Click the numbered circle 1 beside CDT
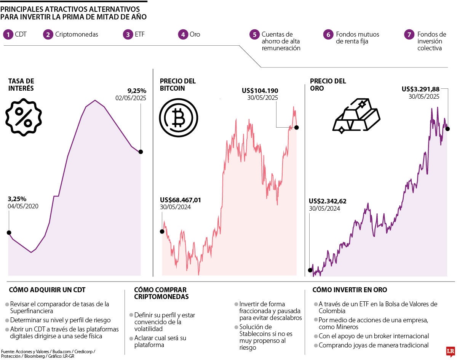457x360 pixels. coord(8,34)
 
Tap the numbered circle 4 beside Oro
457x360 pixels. coord(183,34)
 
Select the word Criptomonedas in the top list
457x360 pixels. coord(77,34)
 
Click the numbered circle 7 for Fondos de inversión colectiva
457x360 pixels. coord(409,34)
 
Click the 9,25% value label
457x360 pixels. coord(137,91)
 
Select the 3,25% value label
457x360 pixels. coord(17,199)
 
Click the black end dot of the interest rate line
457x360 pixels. coord(141,152)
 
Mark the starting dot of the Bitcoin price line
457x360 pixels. coord(162,231)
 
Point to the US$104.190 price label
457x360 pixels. coord(260,91)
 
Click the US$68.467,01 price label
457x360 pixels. coord(181,200)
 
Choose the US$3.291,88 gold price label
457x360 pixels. coord(420,89)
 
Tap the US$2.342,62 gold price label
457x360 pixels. coord(328,201)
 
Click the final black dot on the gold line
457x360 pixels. coord(447,129)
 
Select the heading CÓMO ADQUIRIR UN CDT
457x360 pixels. coord(47,290)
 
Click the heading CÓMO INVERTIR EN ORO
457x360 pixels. coord(350,290)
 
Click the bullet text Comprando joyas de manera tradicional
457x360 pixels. coord(373,345)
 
